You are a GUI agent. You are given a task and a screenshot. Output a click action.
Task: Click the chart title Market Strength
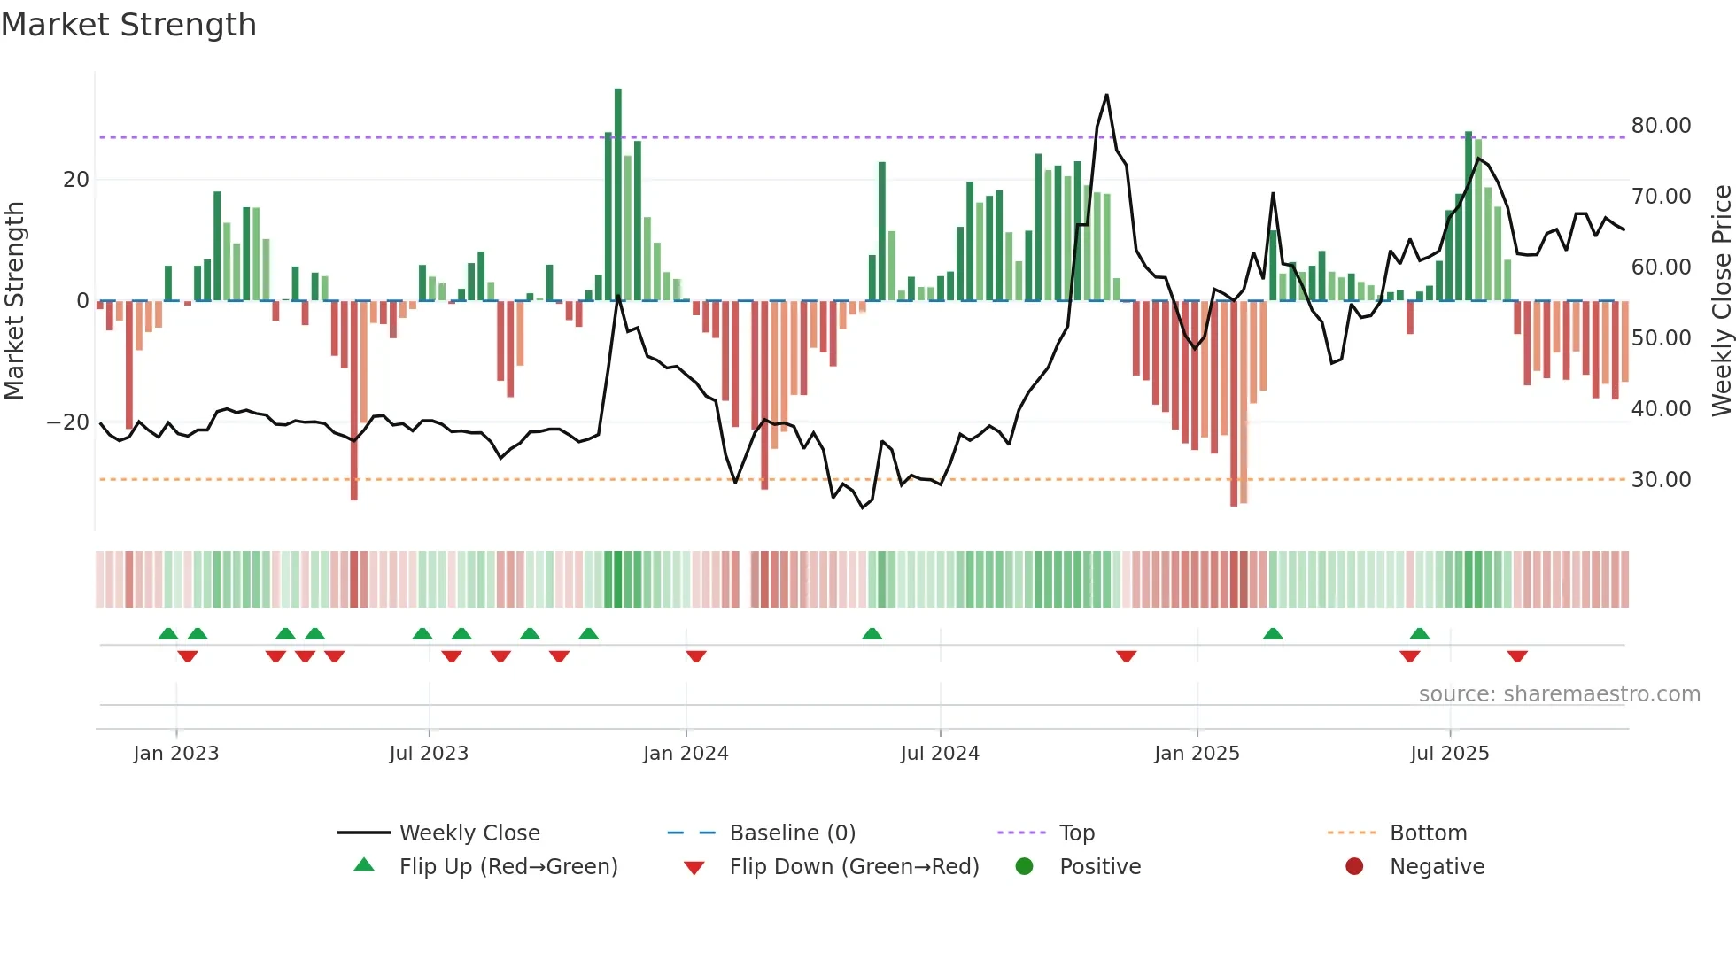coord(128,25)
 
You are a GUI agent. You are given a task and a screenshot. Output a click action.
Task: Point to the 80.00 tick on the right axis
coord(1661,126)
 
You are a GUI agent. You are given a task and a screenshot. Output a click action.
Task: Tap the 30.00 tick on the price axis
coord(1661,480)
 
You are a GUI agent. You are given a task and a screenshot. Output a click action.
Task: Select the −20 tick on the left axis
coord(68,422)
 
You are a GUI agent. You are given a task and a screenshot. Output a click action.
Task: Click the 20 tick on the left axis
coord(76,180)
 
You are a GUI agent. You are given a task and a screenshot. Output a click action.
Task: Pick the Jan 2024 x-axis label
coord(686,754)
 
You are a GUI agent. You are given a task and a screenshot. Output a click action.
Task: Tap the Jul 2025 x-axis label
coord(1449,754)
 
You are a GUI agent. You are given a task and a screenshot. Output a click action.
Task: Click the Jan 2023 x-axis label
coord(175,754)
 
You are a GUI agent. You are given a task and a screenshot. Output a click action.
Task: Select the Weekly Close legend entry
coord(469,833)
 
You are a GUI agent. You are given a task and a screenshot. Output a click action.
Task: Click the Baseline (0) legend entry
coord(792,833)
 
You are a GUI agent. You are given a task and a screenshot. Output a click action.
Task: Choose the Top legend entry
coord(1076,833)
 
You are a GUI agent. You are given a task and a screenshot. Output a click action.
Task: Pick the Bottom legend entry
coord(1428,833)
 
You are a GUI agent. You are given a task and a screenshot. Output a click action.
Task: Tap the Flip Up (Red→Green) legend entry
coord(508,867)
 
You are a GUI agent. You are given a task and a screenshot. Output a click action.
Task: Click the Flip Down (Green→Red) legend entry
coord(854,867)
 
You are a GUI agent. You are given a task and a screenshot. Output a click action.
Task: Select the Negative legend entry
coord(1436,867)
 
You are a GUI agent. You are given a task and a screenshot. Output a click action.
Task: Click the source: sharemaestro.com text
coord(1559,694)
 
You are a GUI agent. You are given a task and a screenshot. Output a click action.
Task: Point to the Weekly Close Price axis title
coord(1721,301)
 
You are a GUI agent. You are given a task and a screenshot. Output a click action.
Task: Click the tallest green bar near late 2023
coord(618,195)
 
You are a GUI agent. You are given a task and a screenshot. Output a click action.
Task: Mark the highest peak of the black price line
coord(1106,96)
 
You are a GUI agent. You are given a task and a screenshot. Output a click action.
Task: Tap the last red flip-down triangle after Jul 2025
coord(1517,656)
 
